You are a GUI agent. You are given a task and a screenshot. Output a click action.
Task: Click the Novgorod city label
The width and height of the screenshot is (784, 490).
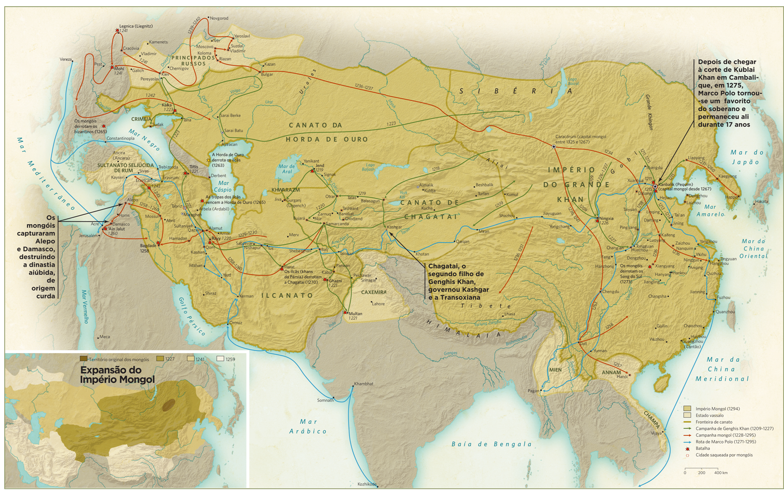point(219,18)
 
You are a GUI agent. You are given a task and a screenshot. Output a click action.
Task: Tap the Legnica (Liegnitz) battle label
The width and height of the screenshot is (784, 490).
point(136,26)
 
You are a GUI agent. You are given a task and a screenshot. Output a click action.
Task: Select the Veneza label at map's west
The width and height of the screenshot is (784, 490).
point(65,59)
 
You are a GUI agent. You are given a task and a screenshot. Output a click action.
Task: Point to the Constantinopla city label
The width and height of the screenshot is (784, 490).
point(120,139)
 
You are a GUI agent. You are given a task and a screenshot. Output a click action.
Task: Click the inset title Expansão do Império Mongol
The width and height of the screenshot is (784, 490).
point(117,375)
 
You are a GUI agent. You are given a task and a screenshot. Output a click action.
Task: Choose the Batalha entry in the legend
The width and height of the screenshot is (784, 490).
point(703,448)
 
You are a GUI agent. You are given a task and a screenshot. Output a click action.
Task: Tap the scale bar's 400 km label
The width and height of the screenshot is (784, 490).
point(721,473)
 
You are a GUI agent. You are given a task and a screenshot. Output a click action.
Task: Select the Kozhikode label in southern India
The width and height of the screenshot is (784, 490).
point(366,484)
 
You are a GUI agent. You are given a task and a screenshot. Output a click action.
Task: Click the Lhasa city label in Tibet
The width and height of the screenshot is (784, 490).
point(509,314)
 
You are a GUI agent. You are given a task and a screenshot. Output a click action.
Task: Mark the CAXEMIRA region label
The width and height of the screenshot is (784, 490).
point(374,292)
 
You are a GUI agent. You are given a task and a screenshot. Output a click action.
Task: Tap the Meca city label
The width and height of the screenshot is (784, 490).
point(104,337)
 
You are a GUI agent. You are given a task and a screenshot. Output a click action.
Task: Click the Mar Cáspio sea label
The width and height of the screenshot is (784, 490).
point(223,186)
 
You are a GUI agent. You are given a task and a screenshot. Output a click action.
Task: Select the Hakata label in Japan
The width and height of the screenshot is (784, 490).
point(761,201)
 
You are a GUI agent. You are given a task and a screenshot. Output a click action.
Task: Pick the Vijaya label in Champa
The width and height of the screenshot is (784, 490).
point(656,433)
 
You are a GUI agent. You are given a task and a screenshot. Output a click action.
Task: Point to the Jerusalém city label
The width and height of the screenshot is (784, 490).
point(88,236)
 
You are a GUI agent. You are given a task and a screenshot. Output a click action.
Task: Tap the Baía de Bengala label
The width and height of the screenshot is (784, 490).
point(492,444)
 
